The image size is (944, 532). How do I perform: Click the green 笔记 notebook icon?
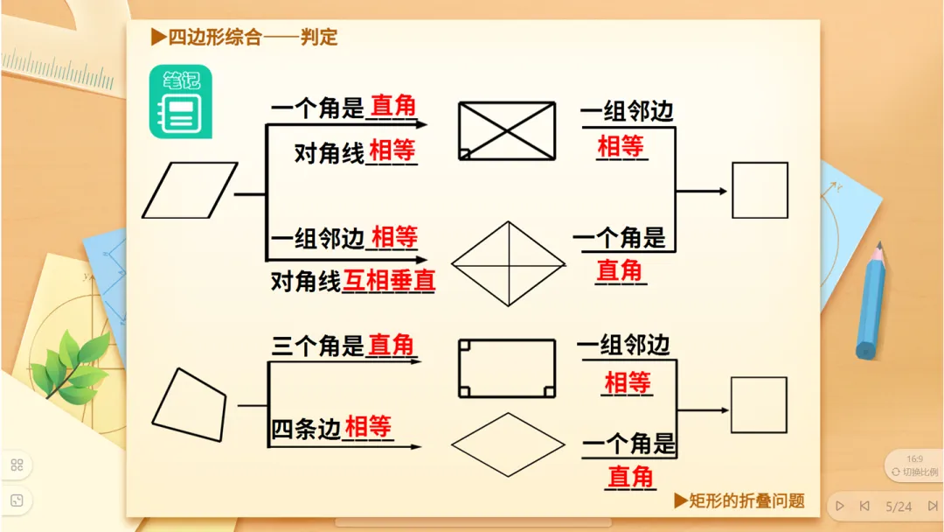[x=181, y=101]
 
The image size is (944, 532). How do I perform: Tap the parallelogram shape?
[x=190, y=190]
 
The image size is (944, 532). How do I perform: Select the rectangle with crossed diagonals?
[x=508, y=131]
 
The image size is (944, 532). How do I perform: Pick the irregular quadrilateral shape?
[x=190, y=404]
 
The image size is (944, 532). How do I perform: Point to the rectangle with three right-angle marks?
[x=507, y=368]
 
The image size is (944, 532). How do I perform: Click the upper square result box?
[x=760, y=190]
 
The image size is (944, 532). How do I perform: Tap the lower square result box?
[x=759, y=404]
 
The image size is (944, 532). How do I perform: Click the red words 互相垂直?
[x=389, y=281]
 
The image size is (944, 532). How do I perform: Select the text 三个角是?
[x=317, y=346]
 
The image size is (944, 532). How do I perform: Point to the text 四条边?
[x=306, y=429]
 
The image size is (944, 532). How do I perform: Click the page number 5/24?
[x=899, y=507]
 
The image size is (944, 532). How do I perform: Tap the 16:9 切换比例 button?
[x=914, y=465]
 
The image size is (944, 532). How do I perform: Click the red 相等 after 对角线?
[x=392, y=151]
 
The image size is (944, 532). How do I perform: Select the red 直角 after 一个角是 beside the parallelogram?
[x=393, y=107]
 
